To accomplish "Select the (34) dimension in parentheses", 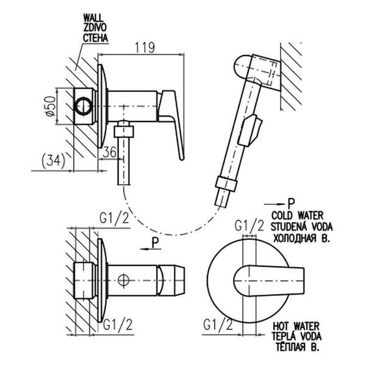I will (51, 160).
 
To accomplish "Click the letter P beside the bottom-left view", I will (156, 242).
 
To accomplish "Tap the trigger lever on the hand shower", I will (252, 129).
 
